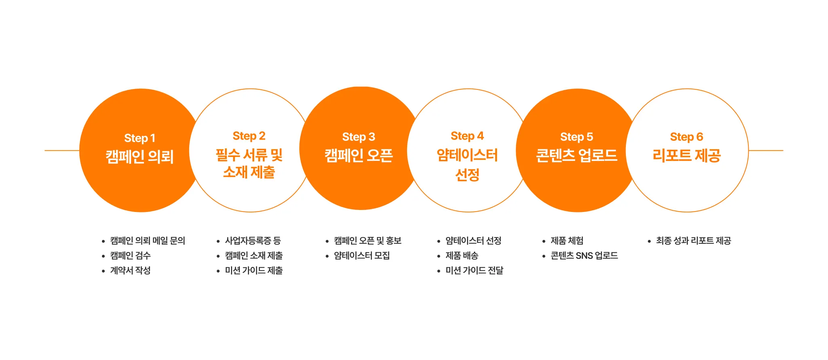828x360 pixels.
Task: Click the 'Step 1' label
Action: click(139, 138)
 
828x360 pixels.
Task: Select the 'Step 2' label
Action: click(249, 136)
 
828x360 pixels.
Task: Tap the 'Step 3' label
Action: click(359, 137)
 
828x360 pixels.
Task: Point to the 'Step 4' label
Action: click(467, 136)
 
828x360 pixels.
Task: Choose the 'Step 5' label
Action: click(577, 137)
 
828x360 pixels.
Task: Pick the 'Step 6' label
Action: click(686, 137)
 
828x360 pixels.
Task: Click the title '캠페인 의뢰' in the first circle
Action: click(139, 157)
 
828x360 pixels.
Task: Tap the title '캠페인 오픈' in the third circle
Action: click(359, 155)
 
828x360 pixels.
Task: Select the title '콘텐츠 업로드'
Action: click(577, 155)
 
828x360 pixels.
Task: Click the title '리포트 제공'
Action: click(686, 155)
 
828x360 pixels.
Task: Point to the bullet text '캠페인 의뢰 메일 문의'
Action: click(148, 241)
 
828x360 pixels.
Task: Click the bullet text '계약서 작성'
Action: click(130, 270)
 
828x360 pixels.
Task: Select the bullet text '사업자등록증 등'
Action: click(253, 241)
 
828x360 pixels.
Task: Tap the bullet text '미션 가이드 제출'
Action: click(254, 270)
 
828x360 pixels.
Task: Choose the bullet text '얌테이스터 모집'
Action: click(362, 256)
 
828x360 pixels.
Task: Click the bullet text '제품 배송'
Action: click(462, 256)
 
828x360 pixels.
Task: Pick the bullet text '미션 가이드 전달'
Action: click(474, 270)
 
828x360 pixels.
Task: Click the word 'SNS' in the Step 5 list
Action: click(584, 256)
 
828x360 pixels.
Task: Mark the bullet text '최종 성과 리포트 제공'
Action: click(693, 241)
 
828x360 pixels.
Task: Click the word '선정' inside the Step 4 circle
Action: click(467, 175)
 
